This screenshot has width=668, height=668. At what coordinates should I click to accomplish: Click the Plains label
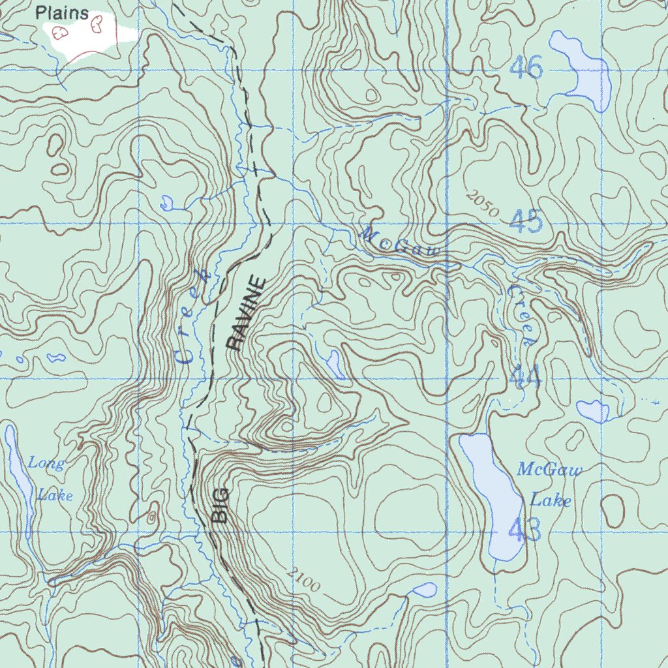pyautogui.click(x=62, y=12)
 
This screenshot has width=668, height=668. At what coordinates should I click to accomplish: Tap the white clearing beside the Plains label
pyautogui.click(x=85, y=36)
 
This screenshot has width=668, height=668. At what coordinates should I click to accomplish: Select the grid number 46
pyautogui.click(x=526, y=67)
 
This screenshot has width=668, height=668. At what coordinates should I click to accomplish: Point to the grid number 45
pyautogui.click(x=526, y=222)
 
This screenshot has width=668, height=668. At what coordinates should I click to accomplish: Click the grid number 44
pyautogui.click(x=526, y=376)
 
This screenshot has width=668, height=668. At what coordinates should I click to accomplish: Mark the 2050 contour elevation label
pyautogui.click(x=483, y=204)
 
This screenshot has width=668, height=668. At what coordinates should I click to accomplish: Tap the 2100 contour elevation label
pyautogui.click(x=303, y=580)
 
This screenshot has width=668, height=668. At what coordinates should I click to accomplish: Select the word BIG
pyautogui.click(x=221, y=505)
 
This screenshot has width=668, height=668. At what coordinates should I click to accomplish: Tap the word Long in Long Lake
pyautogui.click(x=46, y=464)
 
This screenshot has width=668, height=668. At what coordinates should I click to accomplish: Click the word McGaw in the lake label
pyautogui.click(x=549, y=470)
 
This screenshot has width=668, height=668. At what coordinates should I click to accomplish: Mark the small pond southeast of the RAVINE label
pyautogui.click(x=335, y=363)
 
